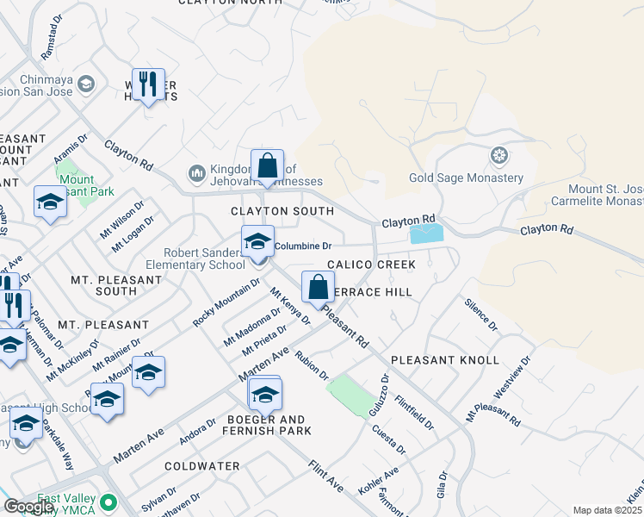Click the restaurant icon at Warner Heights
pos(147,84)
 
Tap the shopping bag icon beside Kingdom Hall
pos(267,165)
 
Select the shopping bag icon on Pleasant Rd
pos(318,287)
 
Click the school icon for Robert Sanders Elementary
pos(257,242)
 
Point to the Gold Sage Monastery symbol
pos(498,156)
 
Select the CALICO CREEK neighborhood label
pos(370,265)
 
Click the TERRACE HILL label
pos(370,292)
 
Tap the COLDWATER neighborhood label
pos(202,466)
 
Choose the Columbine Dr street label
pos(303,246)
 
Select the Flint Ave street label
pos(325,477)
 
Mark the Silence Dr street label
pos(480,315)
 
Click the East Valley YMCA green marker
pos(108,501)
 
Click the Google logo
pos(28,507)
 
